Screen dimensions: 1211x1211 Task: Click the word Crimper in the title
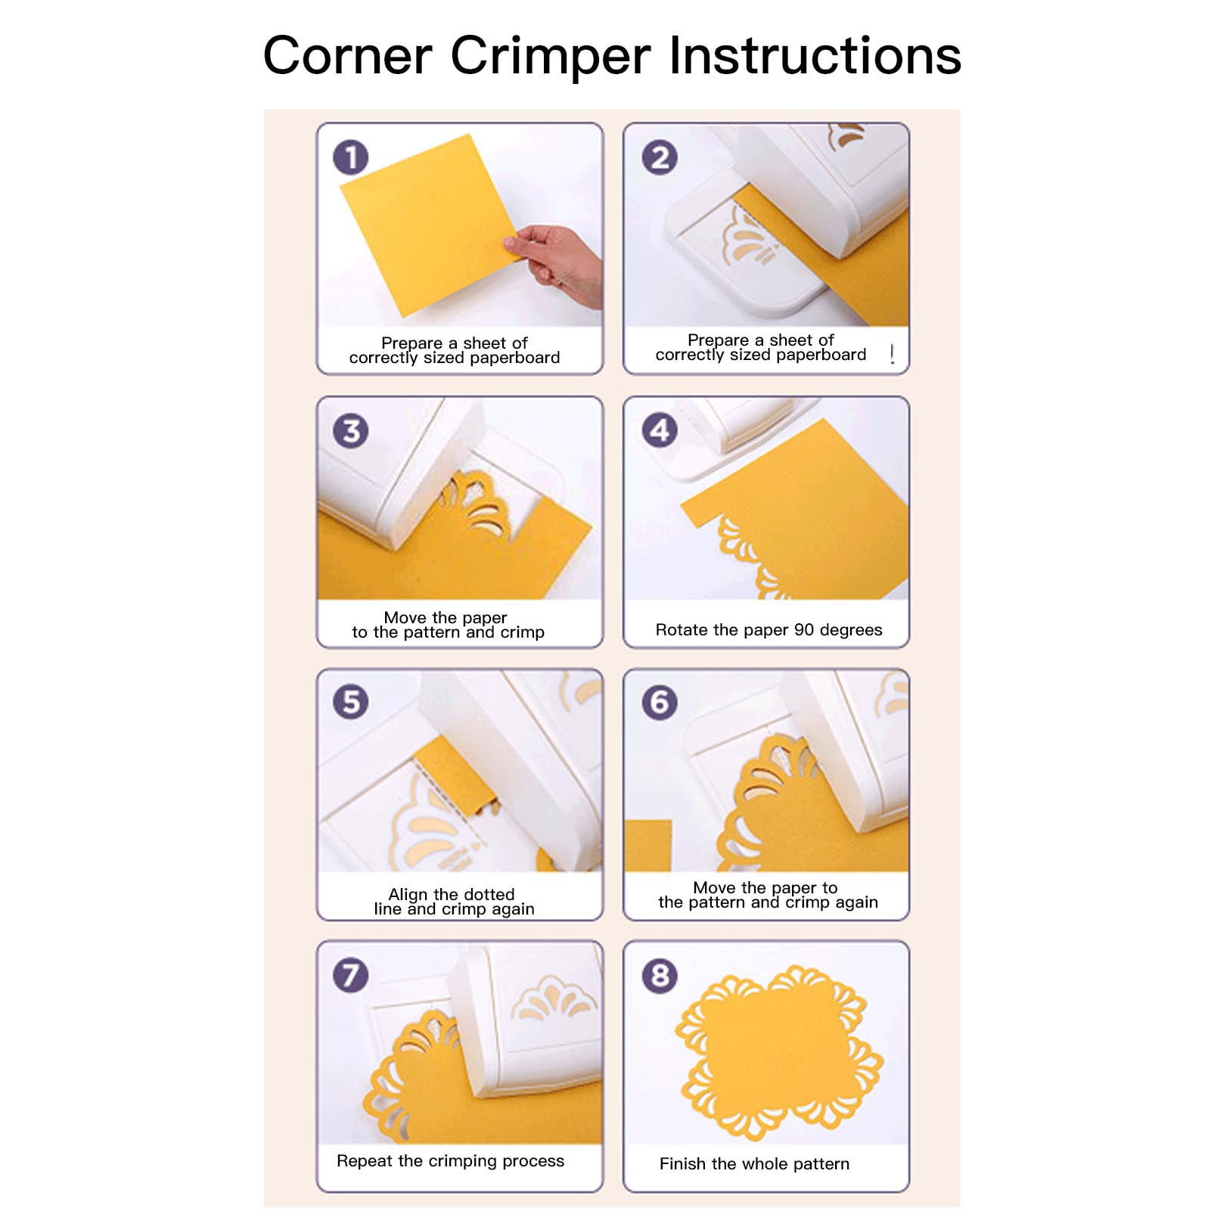pos(550,57)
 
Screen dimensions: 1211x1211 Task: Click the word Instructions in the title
pos(815,55)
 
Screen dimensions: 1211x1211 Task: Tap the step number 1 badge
pos(350,157)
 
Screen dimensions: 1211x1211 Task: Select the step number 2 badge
pos(660,157)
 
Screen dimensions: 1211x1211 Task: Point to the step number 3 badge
pos(350,430)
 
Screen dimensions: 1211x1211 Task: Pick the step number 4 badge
pos(660,430)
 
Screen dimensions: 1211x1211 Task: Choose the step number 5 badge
pos(350,702)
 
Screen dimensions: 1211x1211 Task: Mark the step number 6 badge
pos(660,702)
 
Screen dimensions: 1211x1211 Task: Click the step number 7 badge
pos(350,974)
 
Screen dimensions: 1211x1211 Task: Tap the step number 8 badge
pos(660,976)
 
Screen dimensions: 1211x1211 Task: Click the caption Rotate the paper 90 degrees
pos(769,630)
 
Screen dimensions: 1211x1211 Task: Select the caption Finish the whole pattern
pos(754,1164)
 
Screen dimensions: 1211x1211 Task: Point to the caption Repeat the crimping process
pos(450,1161)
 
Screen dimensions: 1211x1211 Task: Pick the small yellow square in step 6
pos(648,846)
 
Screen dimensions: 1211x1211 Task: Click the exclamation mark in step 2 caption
pos(893,354)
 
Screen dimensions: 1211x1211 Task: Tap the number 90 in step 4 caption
pos(804,629)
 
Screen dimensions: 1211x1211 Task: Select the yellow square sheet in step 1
pos(430,225)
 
